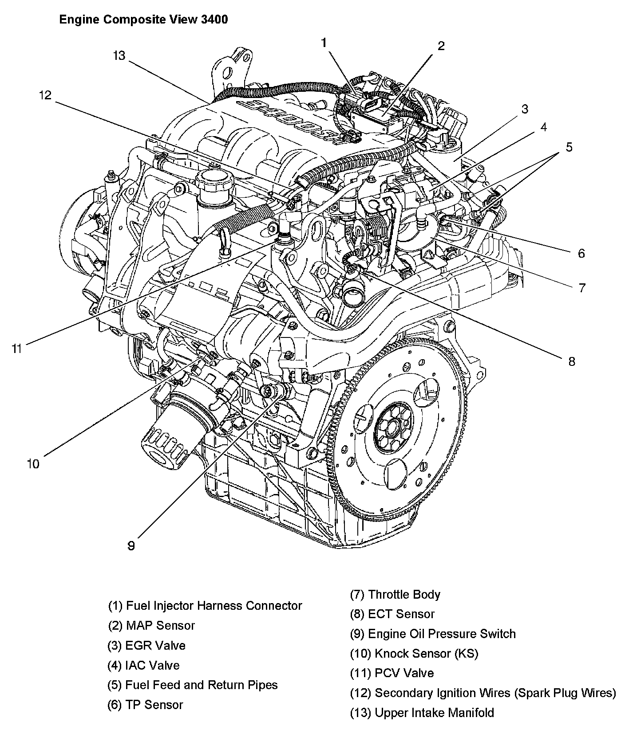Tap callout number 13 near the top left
119,56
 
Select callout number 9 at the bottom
131,545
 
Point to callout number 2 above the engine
441,46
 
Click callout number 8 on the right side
571,361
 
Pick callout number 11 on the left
16,349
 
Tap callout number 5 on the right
569,147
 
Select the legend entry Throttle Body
395,594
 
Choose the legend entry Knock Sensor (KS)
414,653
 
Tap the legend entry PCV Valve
392,673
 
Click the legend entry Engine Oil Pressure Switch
433,634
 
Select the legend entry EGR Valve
146,645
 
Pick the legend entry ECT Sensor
392,614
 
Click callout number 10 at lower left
33,464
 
